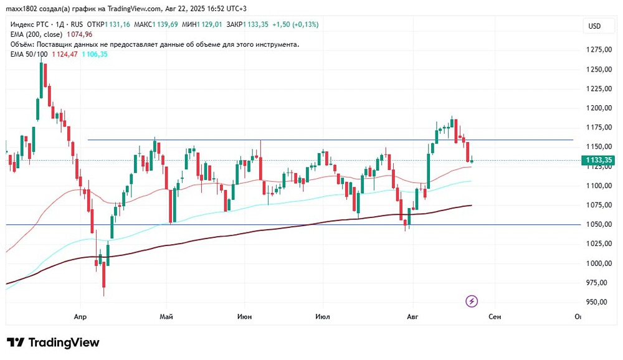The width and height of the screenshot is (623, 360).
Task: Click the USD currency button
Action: click(x=594, y=26)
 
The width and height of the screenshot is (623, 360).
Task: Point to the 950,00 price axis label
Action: click(x=597, y=302)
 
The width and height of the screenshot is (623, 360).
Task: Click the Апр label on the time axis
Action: click(x=80, y=316)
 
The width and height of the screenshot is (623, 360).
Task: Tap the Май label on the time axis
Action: click(x=166, y=316)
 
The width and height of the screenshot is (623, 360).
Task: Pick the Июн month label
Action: click(x=245, y=316)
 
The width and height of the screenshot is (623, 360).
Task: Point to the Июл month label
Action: click(x=323, y=316)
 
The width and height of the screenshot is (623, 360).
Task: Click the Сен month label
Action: click(x=495, y=316)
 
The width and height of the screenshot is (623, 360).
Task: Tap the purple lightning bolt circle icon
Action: click(x=472, y=301)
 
